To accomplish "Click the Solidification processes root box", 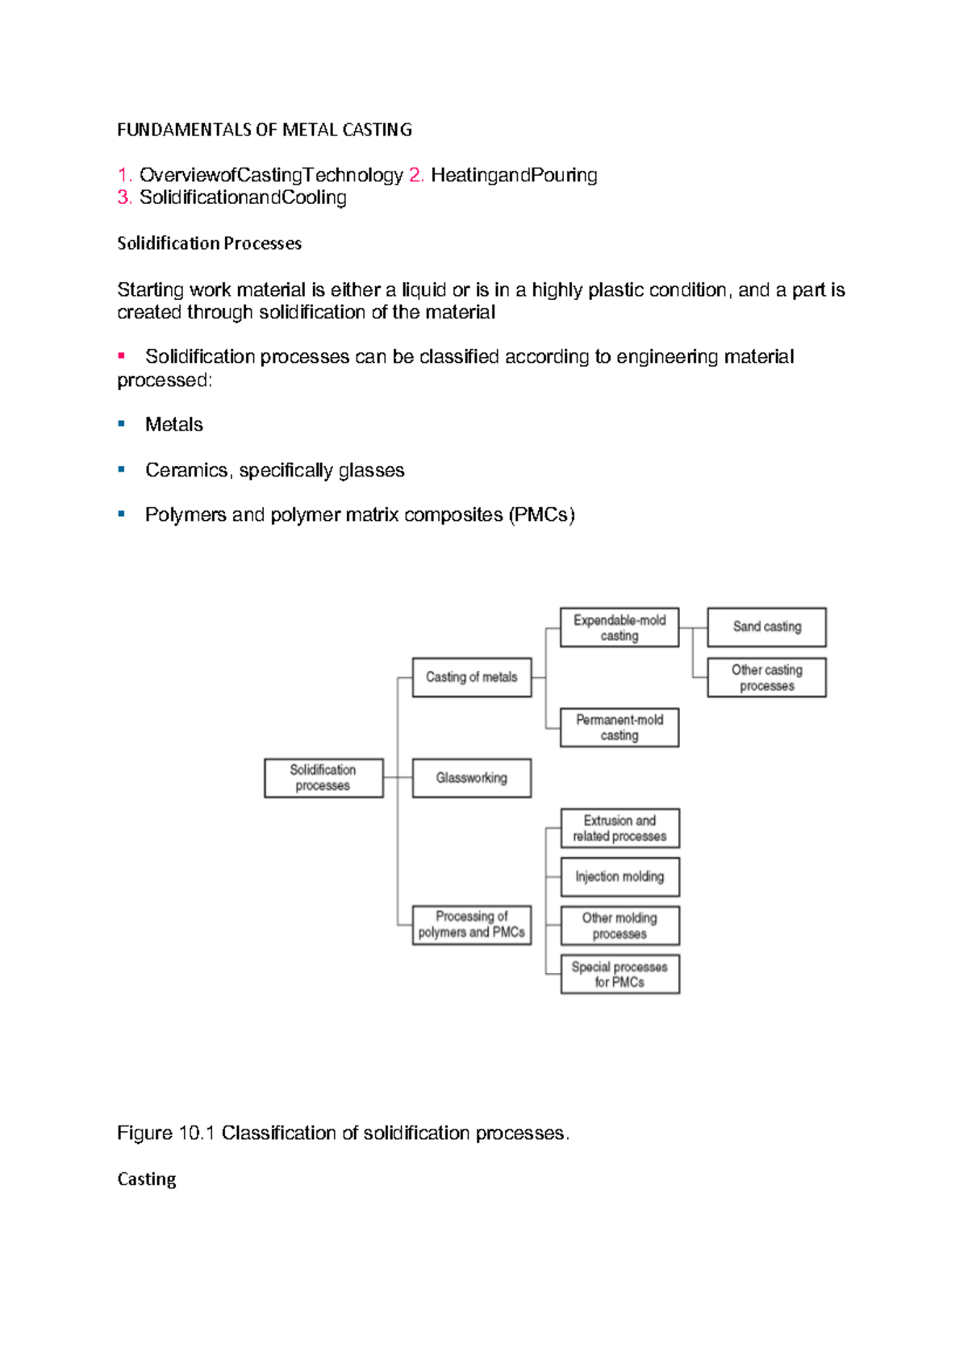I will [x=323, y=777].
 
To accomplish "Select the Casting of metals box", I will [x=472, y=677].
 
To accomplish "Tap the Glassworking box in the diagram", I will [x=472, y=777].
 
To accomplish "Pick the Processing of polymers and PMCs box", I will [x=472, y=924].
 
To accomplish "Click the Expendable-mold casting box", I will [x=620, y=627].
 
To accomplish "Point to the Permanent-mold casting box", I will [x=620, y=727].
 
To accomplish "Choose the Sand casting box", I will [x=766, y=626].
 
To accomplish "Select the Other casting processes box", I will [x=766, y=677].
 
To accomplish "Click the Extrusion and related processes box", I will [x=620, y=828].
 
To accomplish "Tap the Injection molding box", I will [x=620, y=876].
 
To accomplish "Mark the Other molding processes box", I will [x=620, y=926].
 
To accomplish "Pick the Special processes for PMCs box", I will [x=620, y=974].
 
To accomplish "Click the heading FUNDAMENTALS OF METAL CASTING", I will [x=265, y=130].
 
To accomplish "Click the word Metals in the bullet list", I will [x=174, y=425].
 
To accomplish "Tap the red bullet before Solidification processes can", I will [x=122, y=356].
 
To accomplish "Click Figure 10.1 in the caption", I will [x=165, y=1133].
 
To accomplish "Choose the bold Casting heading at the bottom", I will [x=147, y=1179].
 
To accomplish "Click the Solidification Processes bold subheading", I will [x=210, y=243].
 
